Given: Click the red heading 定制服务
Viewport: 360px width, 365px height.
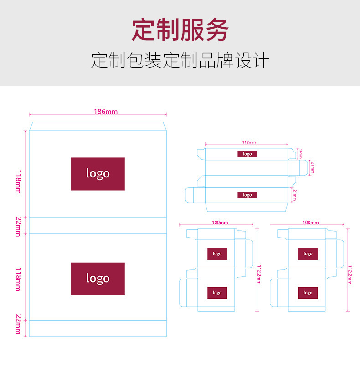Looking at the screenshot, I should point(180,30).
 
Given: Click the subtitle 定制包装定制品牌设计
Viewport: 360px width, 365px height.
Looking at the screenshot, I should point(180,61).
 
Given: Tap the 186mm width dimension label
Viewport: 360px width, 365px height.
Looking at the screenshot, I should point(105,112).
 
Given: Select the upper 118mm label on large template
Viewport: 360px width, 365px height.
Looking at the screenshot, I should point(18,182).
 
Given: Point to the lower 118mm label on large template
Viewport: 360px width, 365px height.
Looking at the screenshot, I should point(18,279).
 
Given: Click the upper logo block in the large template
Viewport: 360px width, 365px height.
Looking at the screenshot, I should point(98,174).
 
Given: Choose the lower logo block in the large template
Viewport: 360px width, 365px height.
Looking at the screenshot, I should point(98,279).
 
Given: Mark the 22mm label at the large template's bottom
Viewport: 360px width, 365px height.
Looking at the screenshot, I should point(18,324).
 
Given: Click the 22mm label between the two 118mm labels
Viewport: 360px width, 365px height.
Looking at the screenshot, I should point(18,226).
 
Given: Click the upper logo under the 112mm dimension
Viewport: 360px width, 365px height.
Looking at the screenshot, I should point(247,154).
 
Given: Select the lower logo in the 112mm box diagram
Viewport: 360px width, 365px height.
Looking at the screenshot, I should point(247,195).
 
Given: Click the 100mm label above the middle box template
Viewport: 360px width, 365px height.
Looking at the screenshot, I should point(220,223).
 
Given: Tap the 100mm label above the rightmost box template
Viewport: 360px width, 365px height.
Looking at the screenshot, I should point(311,223).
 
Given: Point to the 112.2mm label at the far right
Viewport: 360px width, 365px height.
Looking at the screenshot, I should point(350,274).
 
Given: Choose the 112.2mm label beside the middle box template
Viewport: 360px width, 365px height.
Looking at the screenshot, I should point(259,274).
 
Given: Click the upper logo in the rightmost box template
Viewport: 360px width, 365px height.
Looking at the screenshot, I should point(308,254).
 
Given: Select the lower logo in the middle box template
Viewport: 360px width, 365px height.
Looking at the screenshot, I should point(217,293).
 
